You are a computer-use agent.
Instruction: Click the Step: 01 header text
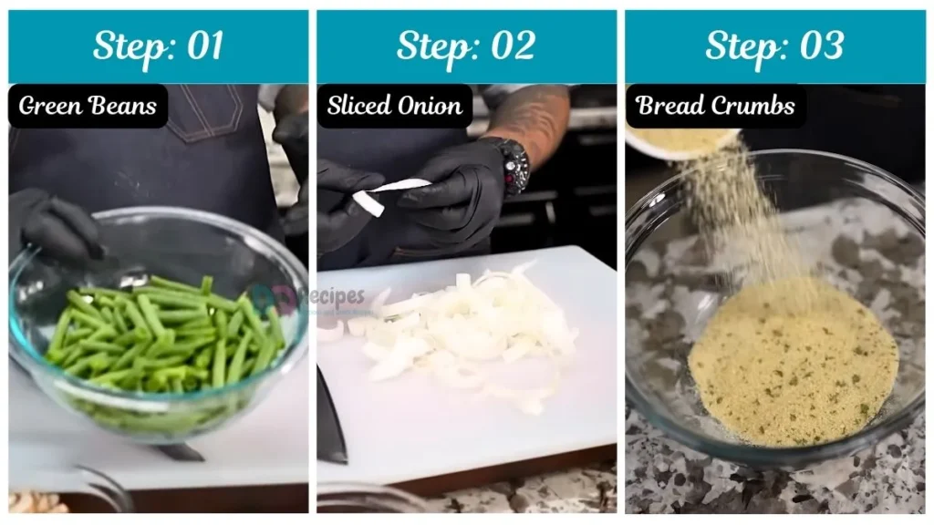tap(158, 46)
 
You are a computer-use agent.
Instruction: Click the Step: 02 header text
tap(465, 46)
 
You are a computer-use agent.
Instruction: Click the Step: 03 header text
tap(774, 46)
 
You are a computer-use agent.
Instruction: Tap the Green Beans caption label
tap(88, 106)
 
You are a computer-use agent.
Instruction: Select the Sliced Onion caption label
tap(394, 106)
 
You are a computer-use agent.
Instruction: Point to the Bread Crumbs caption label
tap(715, 106)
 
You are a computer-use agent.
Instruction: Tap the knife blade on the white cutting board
tap(331, 415)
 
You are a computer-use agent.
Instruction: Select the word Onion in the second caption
tap(431, 106)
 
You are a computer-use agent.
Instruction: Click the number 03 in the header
tap(820, 46)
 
